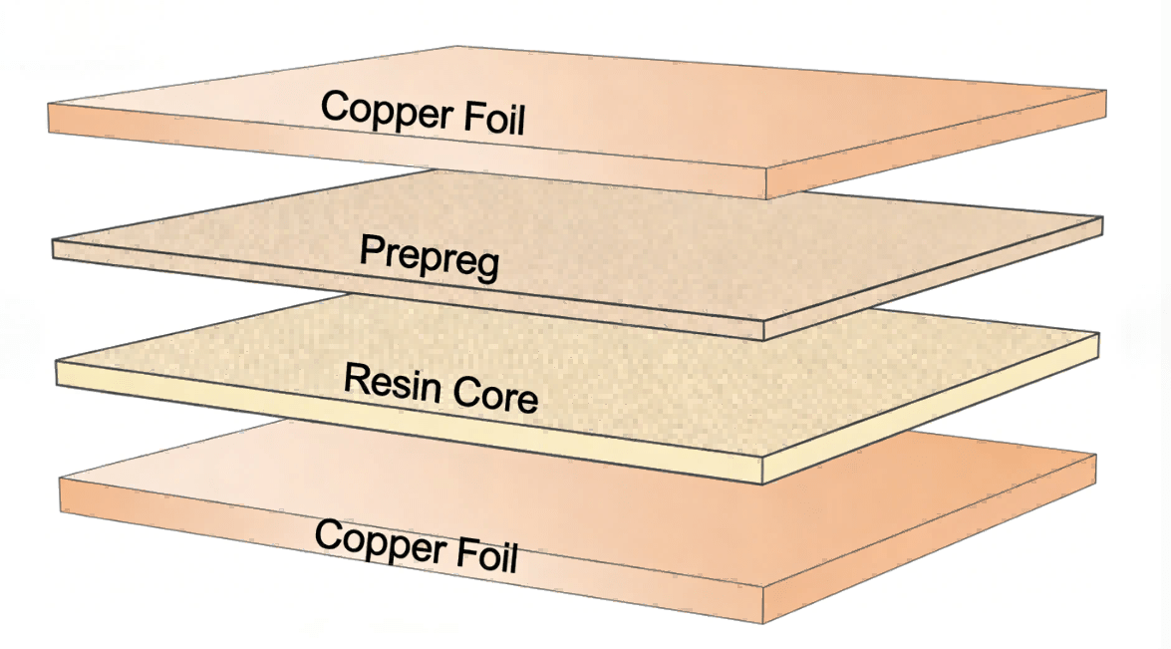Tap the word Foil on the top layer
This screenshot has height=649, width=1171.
[489, 121]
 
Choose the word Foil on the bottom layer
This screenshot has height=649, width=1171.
[482, 556]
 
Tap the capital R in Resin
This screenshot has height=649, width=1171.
[354, 378]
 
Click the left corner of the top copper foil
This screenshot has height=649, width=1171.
[49, 104]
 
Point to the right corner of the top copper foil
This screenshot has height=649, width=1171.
[1106, 91]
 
